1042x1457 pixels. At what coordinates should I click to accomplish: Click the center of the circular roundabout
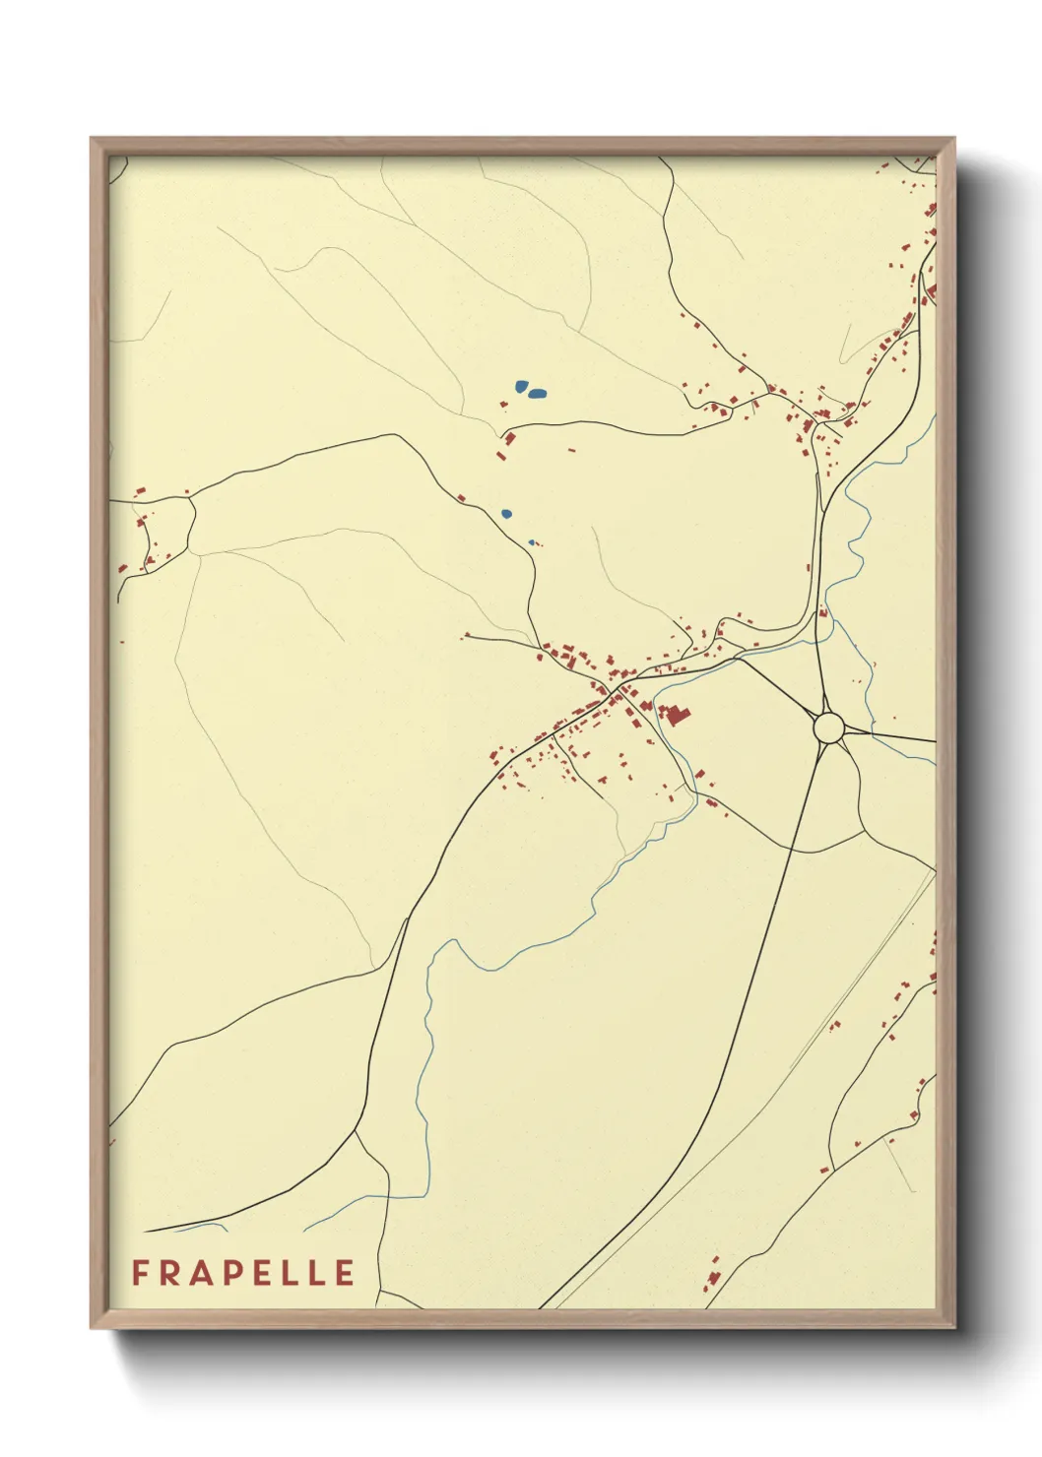[x=828, y=728]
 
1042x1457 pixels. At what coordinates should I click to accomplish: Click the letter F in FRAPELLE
[x=140, y=1273]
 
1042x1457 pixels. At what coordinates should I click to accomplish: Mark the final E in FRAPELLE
[x=344, y=1273]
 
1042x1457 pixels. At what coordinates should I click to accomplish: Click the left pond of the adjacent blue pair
[x=520, y=387]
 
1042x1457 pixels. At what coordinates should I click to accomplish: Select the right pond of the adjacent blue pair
[x=538, y=394]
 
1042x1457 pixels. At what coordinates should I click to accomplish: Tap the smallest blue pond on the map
[x=532, y=541]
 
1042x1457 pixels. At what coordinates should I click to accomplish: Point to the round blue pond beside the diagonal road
[x=506, y=513]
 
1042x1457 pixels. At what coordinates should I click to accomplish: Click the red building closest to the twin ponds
[x=510, y=437]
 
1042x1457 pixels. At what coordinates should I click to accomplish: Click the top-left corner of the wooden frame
[x=92, y=139]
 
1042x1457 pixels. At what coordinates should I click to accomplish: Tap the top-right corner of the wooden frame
[x=954, y=139]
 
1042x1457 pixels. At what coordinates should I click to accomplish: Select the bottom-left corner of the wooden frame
[x=92, y=1327]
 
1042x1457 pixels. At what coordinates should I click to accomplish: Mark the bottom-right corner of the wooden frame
[x=954, y=1327]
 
